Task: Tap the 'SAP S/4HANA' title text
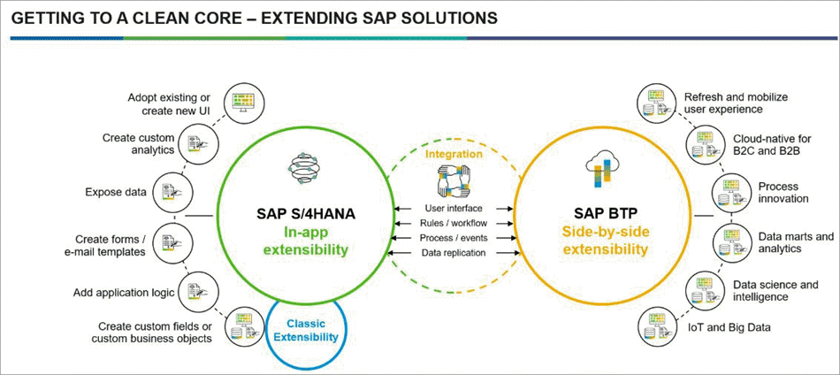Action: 306,214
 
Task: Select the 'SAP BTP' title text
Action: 604,214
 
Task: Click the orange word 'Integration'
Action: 454,154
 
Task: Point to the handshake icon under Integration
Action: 454,180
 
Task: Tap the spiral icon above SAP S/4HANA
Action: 304,168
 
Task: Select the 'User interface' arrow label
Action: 454,208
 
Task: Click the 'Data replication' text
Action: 454,252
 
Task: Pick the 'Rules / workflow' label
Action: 454,223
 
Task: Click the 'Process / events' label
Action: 454,237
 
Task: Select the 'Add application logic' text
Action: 124,293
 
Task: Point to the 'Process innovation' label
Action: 783,192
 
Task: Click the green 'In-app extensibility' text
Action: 306,241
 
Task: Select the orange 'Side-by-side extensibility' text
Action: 604,241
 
